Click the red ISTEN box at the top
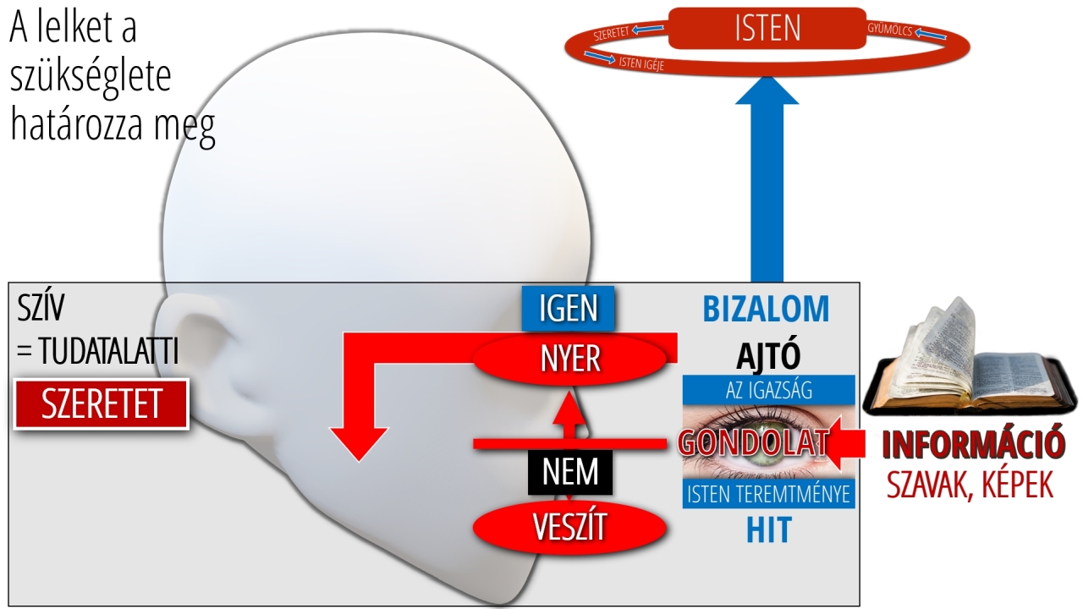(767, 29)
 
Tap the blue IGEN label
(569, 308)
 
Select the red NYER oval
(570, 359)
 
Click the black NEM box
(569, 471)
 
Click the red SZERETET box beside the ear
(102, 404)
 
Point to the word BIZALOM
(767, 310)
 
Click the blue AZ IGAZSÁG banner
(768, 390)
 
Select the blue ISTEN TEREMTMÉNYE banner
(768, 494)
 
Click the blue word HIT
(768, 530)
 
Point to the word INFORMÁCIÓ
(971, 444)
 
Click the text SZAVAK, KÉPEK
(970, 485)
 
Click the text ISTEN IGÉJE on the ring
(640, 62)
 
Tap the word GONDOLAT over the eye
(753, 442)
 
